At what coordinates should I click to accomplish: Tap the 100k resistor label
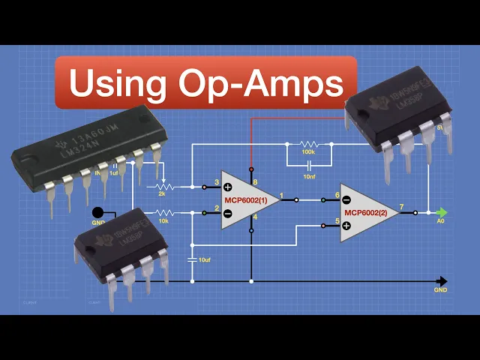308,152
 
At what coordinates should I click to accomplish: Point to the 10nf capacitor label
308,176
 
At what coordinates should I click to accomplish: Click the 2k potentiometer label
163,193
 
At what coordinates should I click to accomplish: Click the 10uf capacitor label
204,259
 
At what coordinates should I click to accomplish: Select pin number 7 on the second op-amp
403,206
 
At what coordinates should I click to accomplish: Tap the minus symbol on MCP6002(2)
346,199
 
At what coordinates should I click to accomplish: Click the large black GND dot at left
98,212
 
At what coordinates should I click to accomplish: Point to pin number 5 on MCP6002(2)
337,220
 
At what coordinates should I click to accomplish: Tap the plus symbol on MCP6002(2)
346,225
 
